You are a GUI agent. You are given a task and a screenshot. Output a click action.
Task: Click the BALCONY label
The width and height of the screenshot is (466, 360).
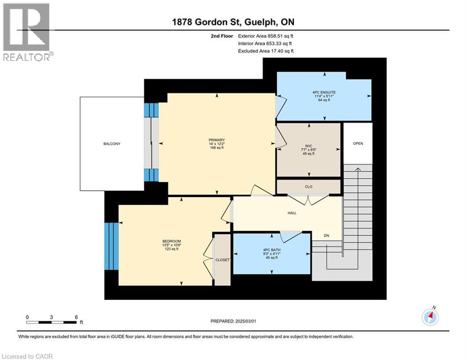pos(112,144)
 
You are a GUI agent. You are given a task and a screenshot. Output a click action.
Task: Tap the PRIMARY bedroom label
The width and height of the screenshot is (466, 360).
pos(217,140)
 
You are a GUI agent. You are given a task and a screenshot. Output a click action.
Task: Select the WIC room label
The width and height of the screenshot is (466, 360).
pos(309,146)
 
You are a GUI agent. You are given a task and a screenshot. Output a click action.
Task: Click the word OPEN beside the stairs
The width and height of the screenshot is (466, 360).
pos(358,143)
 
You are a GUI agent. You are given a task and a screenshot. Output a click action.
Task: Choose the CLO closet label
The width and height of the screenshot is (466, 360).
pos(309,187)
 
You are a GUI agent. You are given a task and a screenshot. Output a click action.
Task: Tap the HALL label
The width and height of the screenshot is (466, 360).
pos(292,213)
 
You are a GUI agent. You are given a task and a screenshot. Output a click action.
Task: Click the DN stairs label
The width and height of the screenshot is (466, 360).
pos(326,236)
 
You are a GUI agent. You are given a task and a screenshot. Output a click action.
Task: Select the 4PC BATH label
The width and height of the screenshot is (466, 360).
pos(272,250)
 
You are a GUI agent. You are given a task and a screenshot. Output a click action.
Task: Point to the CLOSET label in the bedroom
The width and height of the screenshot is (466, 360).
pos(222,260)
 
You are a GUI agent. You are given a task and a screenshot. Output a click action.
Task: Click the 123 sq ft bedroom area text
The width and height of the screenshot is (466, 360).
pos(171,249)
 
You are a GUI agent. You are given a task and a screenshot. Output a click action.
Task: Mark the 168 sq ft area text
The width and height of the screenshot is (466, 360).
pos(217,148)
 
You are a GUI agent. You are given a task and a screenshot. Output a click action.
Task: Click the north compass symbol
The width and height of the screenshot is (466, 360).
pos(430,316)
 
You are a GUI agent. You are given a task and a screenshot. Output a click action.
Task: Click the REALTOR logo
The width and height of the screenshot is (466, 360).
pos(26,32)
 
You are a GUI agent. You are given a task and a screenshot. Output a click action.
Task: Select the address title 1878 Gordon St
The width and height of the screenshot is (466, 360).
pos(207,22)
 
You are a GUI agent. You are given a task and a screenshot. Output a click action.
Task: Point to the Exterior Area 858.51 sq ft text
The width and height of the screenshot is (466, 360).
pos(266,36)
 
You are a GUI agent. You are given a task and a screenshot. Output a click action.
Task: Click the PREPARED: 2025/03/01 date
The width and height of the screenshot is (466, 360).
pos(233,321)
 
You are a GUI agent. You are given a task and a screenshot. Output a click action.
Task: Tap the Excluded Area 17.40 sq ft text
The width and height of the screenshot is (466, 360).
pos(266,51)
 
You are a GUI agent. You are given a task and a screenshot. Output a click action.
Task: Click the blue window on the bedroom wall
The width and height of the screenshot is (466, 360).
pos(111,247)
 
